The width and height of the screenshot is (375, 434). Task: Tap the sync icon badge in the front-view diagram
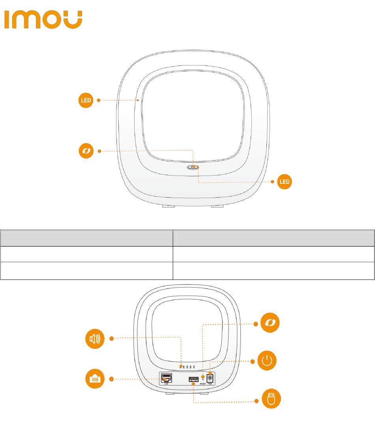pyautogui.click(x=86, y=151)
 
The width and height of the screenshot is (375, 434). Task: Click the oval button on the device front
pyautogui.click(x=193, y=167)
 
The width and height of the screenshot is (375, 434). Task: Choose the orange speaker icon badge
pyautogui.click(x=96, y=338)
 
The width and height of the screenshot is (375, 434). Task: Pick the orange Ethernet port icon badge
pyautogui.click(x=96, y=379)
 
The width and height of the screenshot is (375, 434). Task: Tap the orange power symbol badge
pyautogui.click(x=267, y=361)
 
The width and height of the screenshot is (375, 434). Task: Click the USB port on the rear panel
pyautogui.click(x=193, y=380)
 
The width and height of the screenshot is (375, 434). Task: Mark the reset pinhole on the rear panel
pyautogui.click(x=203, y=379)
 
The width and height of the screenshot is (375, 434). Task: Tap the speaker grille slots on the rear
pyautogui.click(x=188, y=367)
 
